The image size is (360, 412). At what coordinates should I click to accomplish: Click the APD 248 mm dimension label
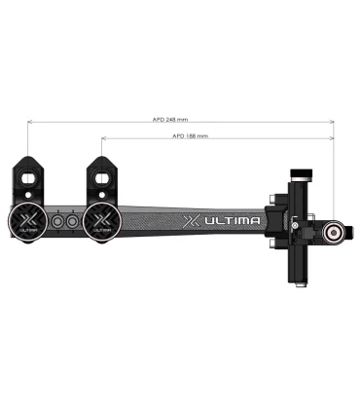169,119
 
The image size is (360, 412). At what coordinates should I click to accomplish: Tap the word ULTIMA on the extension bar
234,221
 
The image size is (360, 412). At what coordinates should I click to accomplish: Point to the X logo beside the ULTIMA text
193,221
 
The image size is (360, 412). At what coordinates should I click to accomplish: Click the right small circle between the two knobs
70,223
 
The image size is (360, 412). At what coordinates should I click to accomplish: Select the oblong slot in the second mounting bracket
102,177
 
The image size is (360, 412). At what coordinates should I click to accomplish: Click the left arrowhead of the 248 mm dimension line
29,123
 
